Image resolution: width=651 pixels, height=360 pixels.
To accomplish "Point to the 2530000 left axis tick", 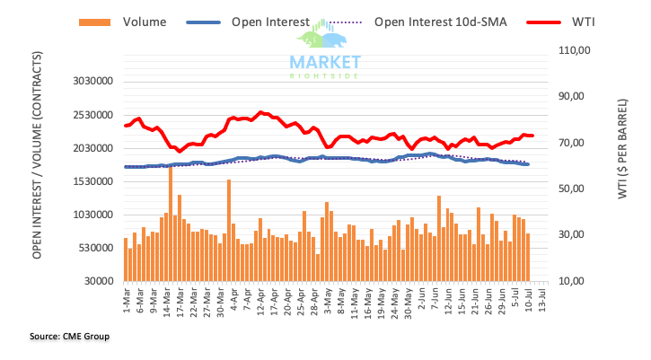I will tap(92, 115).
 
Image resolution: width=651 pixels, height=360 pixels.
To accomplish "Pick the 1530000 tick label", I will tap(92, 181).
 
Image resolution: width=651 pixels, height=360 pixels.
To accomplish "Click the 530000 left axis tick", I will tap(95, 248).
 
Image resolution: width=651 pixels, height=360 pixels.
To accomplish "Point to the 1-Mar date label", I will tap(127, 297).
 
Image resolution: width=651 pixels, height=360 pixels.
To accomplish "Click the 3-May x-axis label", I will tap(328, 297).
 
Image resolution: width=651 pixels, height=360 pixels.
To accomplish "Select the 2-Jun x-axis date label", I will tap(420, 297).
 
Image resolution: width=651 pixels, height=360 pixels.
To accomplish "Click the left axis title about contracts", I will tap(40, 180).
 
